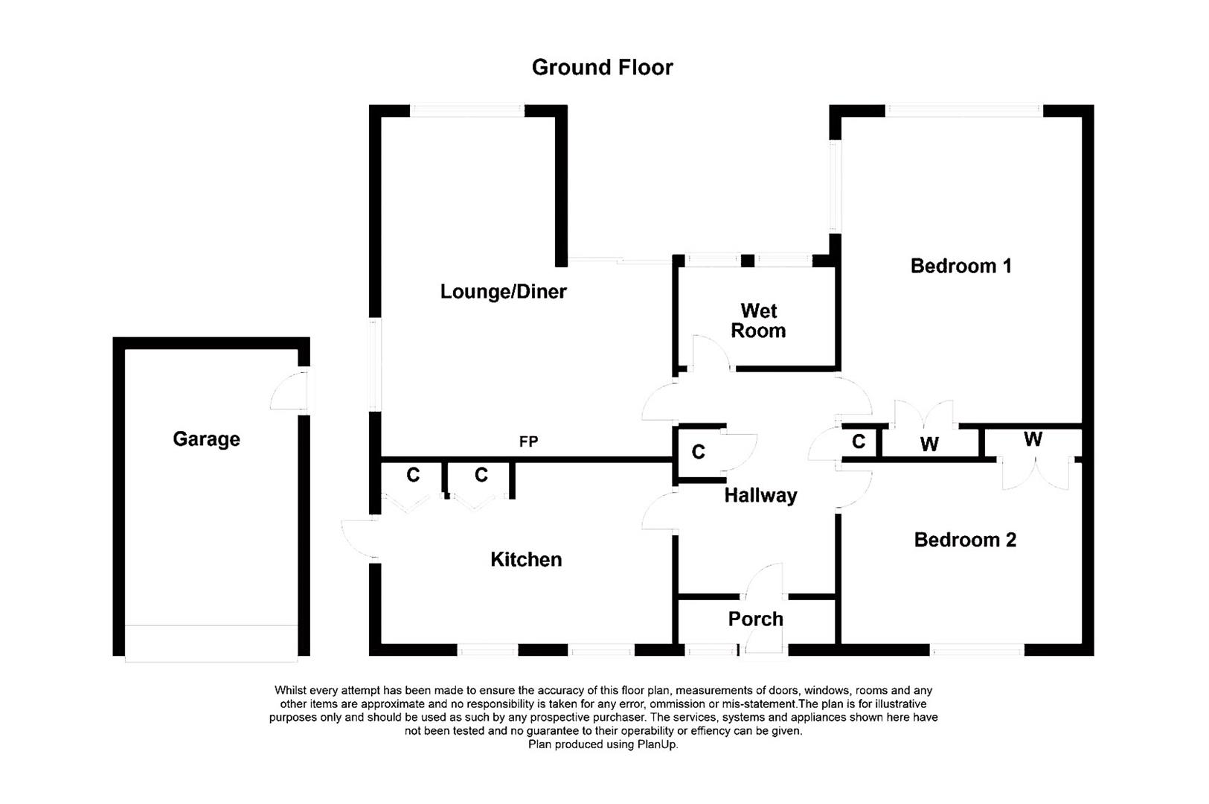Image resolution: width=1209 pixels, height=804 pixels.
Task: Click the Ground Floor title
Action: (x=602, y=68)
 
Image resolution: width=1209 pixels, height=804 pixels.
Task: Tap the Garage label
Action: (x=206, y=439)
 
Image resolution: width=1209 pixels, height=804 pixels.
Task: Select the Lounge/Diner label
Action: (x=503, y=291)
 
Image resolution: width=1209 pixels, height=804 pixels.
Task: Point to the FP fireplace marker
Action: (x=528, y=442)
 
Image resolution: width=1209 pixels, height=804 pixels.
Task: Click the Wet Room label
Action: (x=758, y=321)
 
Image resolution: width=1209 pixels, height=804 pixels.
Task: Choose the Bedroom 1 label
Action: (x=961, y=266)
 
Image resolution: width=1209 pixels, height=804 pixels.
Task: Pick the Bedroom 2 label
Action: (x=965, y=540)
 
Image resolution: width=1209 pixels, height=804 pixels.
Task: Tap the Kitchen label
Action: (x=526, y=560)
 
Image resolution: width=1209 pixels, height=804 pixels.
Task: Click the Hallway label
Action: (x=760, y=495)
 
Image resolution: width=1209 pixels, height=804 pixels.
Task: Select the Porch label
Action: (x=755, y=619)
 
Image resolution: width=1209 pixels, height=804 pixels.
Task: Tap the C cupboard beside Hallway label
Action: (x=698, y=452)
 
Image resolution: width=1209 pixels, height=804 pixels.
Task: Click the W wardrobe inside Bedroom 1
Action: (x=929, y=444)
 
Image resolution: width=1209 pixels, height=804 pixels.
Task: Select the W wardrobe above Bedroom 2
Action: (x=1033, y=439)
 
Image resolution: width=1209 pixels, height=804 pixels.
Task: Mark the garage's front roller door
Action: (x=211, y=643)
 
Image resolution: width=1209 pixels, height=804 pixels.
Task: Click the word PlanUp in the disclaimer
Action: (x=657, y=744)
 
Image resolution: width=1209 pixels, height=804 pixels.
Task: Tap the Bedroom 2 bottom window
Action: (x=977, y=650)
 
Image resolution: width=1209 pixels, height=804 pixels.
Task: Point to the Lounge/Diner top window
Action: (x=467, y=110)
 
